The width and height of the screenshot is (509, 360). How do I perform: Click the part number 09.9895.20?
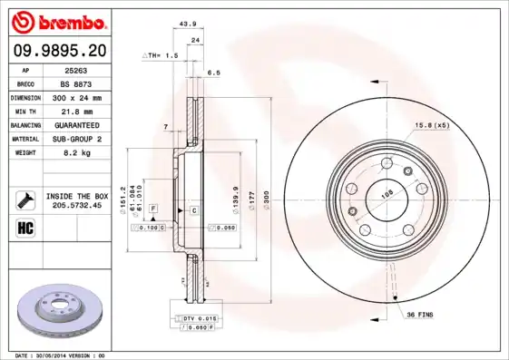point(57,54)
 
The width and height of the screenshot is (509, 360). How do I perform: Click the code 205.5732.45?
point(77,206)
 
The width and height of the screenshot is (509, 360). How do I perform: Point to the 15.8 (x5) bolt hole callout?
point(432,125)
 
